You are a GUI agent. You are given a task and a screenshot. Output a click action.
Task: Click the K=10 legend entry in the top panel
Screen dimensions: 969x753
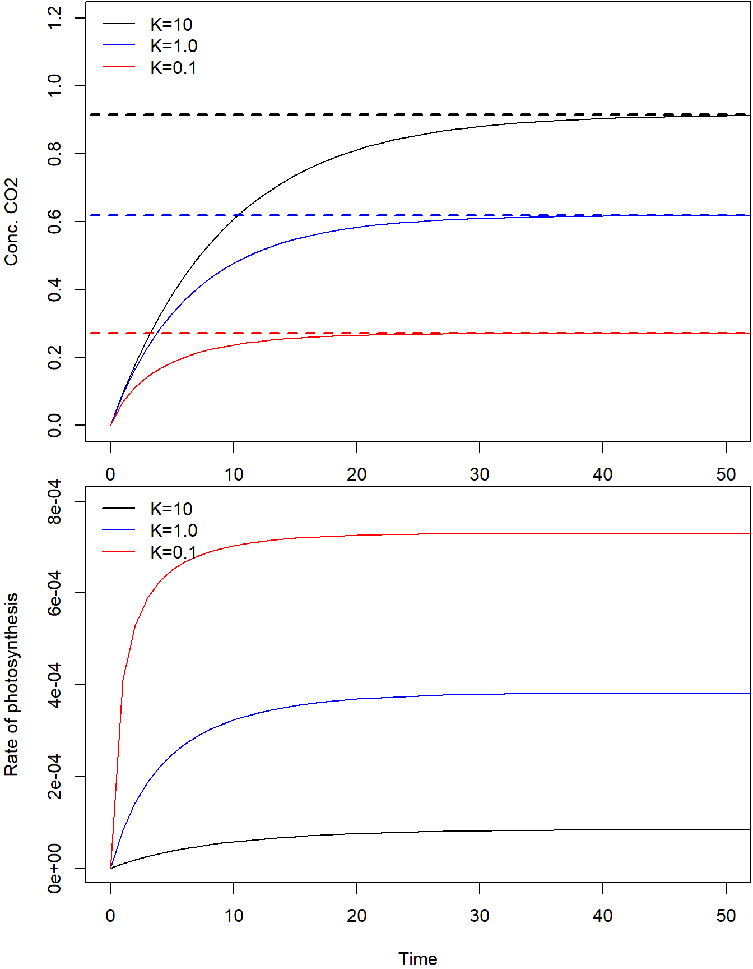click(171, 25)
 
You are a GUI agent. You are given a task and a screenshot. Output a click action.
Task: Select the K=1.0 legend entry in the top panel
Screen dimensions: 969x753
click(174, 46)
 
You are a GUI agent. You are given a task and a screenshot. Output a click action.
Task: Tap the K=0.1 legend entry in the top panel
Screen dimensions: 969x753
click(173, 68)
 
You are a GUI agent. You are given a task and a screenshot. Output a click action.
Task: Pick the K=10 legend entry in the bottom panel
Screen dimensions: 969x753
click(171, 509)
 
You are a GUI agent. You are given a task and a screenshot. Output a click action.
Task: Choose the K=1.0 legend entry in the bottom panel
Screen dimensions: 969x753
click(174, 530)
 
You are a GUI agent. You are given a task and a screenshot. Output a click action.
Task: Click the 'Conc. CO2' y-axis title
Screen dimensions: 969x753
click(12, 222)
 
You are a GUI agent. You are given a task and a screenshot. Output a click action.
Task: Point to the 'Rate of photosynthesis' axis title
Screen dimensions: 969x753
click(12, 684)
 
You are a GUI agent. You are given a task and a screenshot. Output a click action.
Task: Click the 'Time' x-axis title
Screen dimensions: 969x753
click(417, 958)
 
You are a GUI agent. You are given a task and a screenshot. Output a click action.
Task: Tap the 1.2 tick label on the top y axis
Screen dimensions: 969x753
click(54, 19)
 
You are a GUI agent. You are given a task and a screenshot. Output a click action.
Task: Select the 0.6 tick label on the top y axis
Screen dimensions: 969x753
click(54, 222)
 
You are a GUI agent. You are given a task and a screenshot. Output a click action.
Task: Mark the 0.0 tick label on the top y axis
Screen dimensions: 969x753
click(54, 425)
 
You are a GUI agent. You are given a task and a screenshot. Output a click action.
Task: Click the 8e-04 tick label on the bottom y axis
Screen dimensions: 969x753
click(54, 502)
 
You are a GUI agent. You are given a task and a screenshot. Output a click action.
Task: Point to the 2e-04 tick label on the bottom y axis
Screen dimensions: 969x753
click(54, 776)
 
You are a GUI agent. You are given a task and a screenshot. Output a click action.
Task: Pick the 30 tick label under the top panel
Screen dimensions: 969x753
click(480, 475)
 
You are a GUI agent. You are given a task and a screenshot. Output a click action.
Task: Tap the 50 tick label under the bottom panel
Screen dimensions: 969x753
click(726, 916)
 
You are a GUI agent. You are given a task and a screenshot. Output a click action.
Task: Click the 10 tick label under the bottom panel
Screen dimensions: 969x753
click(234, 916)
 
